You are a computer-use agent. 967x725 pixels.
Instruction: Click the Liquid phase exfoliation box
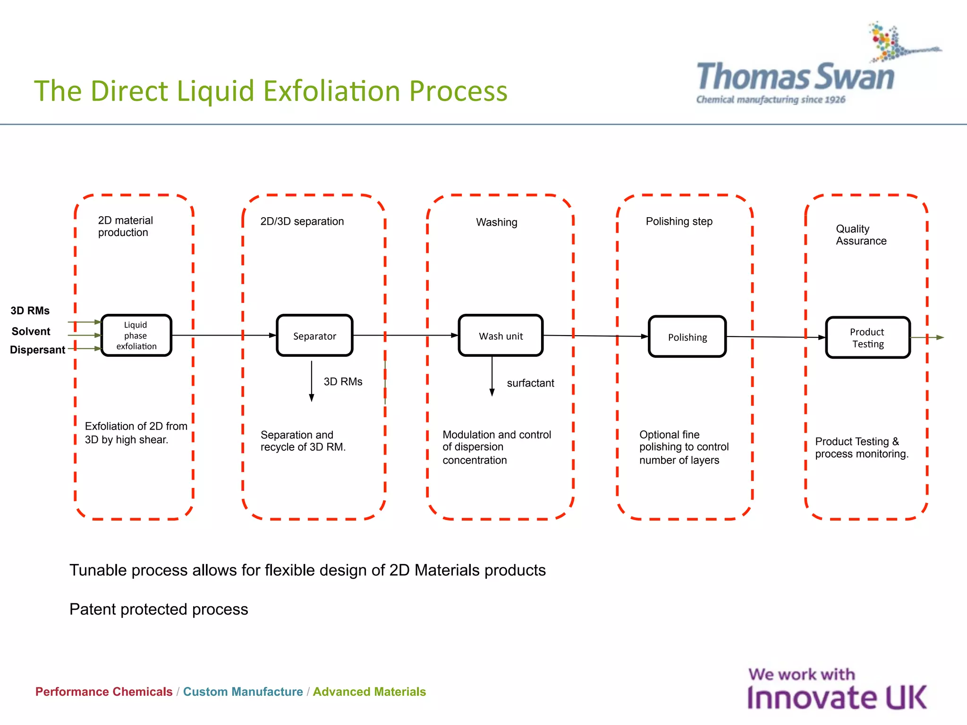(x=136, y=336)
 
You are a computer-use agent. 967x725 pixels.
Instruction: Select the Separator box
(x=314, y=336)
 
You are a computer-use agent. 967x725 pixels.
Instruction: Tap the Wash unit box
(x=500, y=336)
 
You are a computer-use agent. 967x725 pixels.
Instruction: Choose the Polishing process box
(x=687, y=337)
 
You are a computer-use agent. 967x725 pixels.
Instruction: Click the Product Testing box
(x=867, y=338)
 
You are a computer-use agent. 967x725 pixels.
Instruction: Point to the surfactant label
(x=530, y=383)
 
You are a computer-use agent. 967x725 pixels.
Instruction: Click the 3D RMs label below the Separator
(x=343, y=381)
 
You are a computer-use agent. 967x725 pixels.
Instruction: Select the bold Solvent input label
(x=31, y=331)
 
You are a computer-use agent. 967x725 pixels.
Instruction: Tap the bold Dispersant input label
(x=37, y=350)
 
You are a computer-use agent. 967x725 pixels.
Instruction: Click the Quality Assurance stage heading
(x=861, y=235)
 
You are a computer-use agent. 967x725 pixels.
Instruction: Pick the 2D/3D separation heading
(x=302, y=221)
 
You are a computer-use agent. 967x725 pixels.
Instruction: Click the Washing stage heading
(x=496, y=222)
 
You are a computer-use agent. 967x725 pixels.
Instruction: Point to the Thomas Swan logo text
(x=796, y=77)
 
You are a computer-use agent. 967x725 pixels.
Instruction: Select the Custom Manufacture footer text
(x=243, y=691)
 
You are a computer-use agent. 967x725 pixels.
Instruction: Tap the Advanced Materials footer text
(x=369, y=691)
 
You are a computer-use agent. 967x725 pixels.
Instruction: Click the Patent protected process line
(x=159, y=609)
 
